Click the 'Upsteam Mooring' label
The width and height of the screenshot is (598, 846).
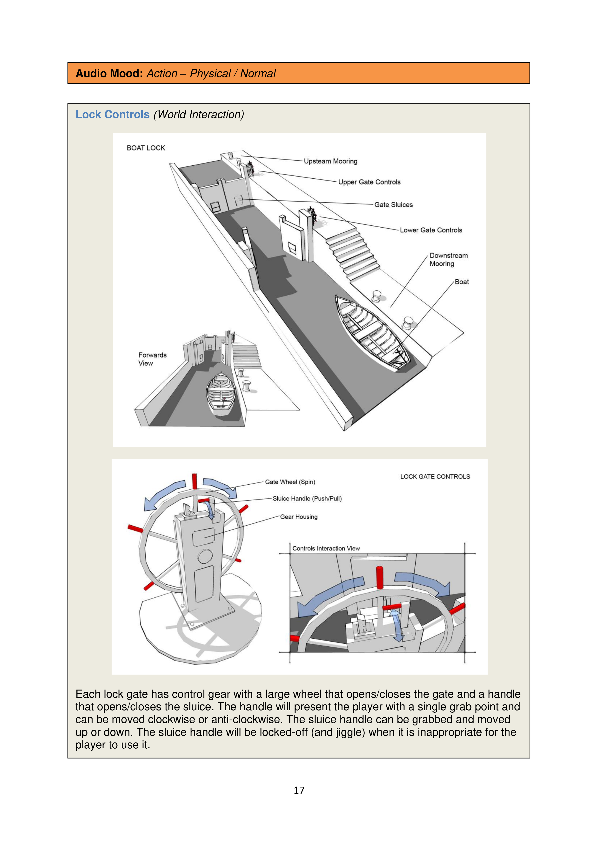pos(330,161)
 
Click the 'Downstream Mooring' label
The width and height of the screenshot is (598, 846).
pos(448,259)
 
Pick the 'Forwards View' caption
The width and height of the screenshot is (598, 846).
pos(152,359)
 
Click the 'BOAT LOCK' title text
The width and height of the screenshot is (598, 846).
pos(146,148)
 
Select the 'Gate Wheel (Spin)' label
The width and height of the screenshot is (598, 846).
pos(290,482)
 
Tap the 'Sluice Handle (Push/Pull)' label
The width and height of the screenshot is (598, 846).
pos(307,499)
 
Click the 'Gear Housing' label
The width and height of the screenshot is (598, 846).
pos(298,517)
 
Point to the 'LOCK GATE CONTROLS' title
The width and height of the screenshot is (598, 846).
pos(435,476)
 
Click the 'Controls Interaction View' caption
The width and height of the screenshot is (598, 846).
pos(326,548)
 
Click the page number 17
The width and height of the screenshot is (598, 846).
pos(299,790)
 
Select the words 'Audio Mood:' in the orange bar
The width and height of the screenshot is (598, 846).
pos(109,73)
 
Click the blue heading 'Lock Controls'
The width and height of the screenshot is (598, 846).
pos(112,115)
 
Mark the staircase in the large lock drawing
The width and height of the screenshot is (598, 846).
pos(353,254)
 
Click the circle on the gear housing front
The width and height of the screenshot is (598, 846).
pos(205,556)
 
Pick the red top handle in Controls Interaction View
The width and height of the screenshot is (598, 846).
pos(380,577)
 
